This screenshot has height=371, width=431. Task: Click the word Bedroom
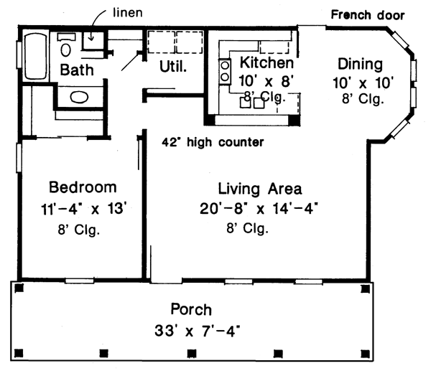(83, 187)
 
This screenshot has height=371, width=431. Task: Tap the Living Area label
(260, 189)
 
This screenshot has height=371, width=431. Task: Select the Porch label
(191, 309)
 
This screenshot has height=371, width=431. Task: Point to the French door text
(368, 15)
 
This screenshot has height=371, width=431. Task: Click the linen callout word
(128, 13)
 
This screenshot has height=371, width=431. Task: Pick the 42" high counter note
(213, 142)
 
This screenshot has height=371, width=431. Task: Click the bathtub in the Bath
(35, 56)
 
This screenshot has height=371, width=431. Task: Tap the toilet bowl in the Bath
(65, 50)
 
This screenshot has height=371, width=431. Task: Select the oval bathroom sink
(79, 97)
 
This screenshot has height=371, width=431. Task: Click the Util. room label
(173, 67)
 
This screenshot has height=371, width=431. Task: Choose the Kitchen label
(267, 62)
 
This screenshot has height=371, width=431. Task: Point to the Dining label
(360, 65)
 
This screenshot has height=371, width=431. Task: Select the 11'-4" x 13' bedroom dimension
(84, 209)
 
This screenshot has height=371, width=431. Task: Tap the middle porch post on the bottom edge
(191, 353)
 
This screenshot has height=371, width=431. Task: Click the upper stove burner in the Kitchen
(225, 65)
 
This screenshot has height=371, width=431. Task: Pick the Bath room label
(77, 70)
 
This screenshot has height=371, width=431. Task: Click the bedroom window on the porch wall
(80, 281)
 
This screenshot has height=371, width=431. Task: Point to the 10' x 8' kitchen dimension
(267, 81)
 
